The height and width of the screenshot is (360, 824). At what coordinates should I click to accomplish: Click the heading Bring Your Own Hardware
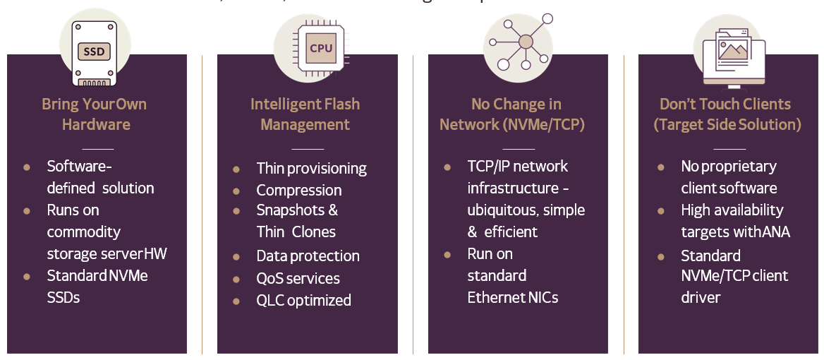95,114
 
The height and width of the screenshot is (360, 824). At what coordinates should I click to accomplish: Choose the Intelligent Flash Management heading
305,114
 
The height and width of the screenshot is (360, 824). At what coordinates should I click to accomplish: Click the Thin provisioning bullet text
311,168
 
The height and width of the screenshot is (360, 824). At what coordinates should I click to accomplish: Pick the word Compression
299,190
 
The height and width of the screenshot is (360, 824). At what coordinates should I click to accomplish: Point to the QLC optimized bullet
303,300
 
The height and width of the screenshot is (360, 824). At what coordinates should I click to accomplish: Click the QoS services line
298,278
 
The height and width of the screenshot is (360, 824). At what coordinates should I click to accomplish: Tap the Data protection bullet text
308,256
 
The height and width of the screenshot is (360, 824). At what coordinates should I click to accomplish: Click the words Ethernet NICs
513,297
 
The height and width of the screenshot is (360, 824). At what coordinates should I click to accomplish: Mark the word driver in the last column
701,297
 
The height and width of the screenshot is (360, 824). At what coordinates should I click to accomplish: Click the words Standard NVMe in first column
97,275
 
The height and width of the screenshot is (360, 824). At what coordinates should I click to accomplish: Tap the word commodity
83,232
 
